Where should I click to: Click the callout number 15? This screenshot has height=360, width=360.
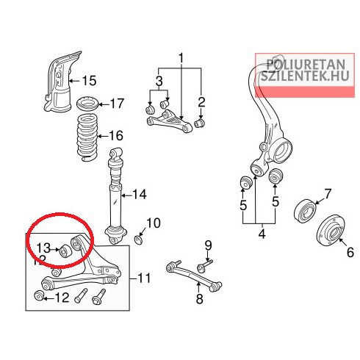point(89,81)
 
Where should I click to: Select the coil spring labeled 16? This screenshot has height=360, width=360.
point(87,138)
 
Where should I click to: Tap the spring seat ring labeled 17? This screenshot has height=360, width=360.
point(87,104)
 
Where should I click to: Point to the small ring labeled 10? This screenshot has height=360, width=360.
point(139,240)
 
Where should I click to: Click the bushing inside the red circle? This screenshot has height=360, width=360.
point(65,251)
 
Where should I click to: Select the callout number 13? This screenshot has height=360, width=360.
point(43,248)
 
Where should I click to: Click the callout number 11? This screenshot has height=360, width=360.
point(144,278)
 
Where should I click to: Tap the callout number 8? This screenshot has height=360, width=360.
point(199,299)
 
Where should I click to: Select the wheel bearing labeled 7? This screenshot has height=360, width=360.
point(305,211)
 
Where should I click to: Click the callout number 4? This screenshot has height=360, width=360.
point(262,234)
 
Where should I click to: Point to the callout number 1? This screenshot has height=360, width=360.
point(181,58)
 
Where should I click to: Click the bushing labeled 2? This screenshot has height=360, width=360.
point(200,123)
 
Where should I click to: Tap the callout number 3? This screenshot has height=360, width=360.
point(159,81)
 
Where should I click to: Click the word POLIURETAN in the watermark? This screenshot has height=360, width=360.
point(306,65)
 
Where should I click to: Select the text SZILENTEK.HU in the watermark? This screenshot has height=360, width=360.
point(305,76)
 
